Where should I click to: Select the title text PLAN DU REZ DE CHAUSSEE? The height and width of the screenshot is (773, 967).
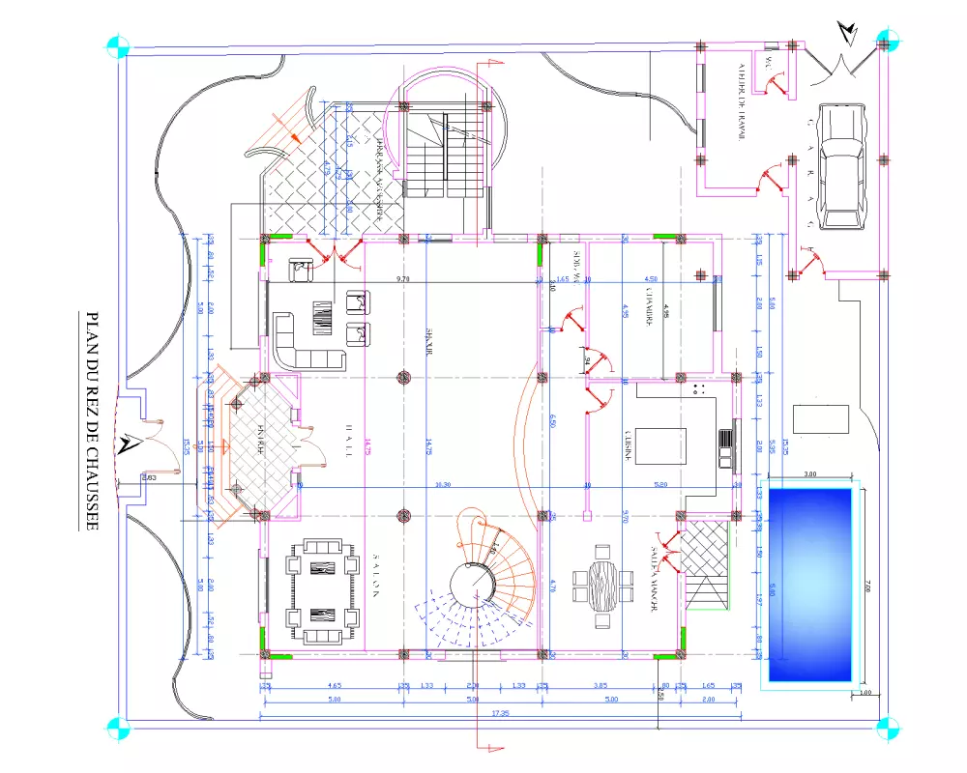coord(94,421)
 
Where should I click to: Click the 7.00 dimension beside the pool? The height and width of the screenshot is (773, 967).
coord(867,585)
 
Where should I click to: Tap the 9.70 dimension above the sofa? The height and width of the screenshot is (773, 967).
coord(402,279)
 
